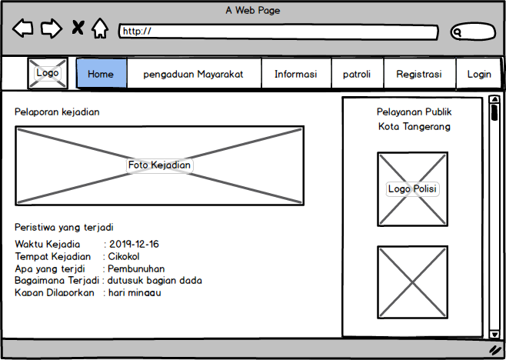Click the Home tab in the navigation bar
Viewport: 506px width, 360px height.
pyautogui.click(x=102, y=74)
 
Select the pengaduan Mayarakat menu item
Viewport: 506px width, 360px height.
pyautogui.click(x=193, y=74)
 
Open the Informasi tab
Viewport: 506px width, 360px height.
pyautogui.click(x=295, y=74)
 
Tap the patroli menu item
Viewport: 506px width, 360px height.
pyautogui.click(x=357, y=74)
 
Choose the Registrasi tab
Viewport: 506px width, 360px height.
pyautogui.click(x=418, y=74)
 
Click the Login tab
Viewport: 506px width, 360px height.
pyautogui.click(x=478, y=74)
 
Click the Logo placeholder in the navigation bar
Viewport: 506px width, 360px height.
pyautogui.click(x=48, y=73)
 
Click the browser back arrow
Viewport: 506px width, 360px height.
pyautogui.click(x=23, y=29)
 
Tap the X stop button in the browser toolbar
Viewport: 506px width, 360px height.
pyautogui.click(x=78, y=29)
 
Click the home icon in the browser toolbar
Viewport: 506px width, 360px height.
pyautogui.click(x=100, y=29)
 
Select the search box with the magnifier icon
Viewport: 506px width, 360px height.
pyautogui.click(x=472, y=32)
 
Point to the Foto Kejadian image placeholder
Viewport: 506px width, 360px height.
pyautogui.click(x=159, y=165)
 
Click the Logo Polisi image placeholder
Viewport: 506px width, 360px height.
pyautogui.click(x=412, y=189)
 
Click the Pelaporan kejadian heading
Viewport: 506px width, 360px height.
pyautogui.click(x=57, y=112)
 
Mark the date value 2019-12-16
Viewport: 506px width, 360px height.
pyautogui.click(x=134, y=245)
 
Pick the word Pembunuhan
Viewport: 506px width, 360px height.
pyautogui.click(x=136, y=268)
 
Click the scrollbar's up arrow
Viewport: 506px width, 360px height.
pyautogui.click(x=494, y=100)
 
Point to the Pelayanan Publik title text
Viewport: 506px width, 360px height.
pyautogui.click(x=414, y=112)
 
